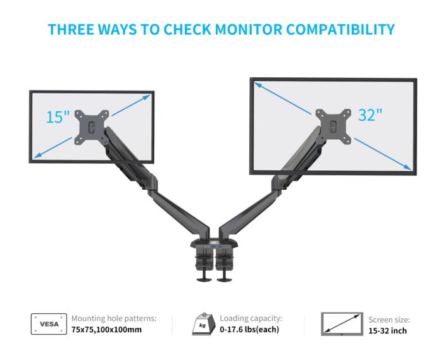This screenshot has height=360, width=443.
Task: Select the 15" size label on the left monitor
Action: [58, 117]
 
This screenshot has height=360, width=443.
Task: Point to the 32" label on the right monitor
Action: [370, 115]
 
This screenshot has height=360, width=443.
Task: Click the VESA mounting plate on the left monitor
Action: [92, 127]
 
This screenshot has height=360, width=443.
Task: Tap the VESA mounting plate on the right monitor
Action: [334, 126]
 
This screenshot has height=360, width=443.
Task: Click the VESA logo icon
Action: [49, 324]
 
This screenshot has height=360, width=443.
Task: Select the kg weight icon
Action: [203, 324]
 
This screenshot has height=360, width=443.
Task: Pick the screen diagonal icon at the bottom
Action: [342, 324]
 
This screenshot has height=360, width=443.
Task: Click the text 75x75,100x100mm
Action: [106, 330]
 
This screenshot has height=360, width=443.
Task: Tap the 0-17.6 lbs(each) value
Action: [249, 330]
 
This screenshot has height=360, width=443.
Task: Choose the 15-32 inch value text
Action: [387, 331]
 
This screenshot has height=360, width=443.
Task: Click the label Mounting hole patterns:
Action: [113, 318]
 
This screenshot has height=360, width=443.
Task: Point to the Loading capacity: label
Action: [251, 318]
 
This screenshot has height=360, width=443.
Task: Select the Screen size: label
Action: [389, 320]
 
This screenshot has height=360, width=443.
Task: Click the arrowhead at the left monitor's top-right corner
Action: [147, 97]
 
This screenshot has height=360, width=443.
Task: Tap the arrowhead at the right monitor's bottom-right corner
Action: [408, 167]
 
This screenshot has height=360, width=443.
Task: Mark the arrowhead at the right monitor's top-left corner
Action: [258, 84]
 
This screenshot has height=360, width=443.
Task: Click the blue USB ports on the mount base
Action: [218, 247]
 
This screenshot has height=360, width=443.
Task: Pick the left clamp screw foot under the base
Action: [204, 280]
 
